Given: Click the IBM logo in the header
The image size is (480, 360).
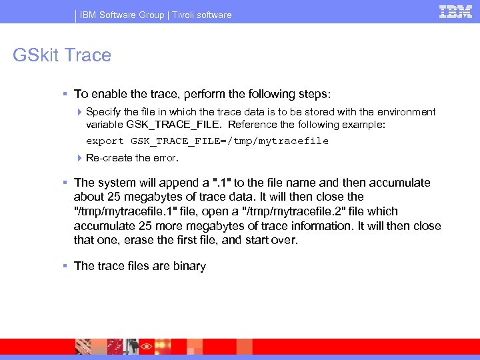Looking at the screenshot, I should point(456,11).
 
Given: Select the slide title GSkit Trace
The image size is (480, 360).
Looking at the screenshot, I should point(62,55).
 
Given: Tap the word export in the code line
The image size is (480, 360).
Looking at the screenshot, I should point(105,141).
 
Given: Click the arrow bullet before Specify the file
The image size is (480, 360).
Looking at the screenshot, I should point(79,112).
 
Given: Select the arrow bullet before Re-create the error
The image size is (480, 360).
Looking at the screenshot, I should point(79,158).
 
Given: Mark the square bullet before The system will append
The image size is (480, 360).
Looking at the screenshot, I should point(65,183).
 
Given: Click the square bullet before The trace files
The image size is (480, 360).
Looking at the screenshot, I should point(65,266).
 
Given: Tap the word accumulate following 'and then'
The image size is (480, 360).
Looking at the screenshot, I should point(398,183).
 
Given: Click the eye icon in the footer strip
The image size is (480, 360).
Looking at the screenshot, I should point(145,347).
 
